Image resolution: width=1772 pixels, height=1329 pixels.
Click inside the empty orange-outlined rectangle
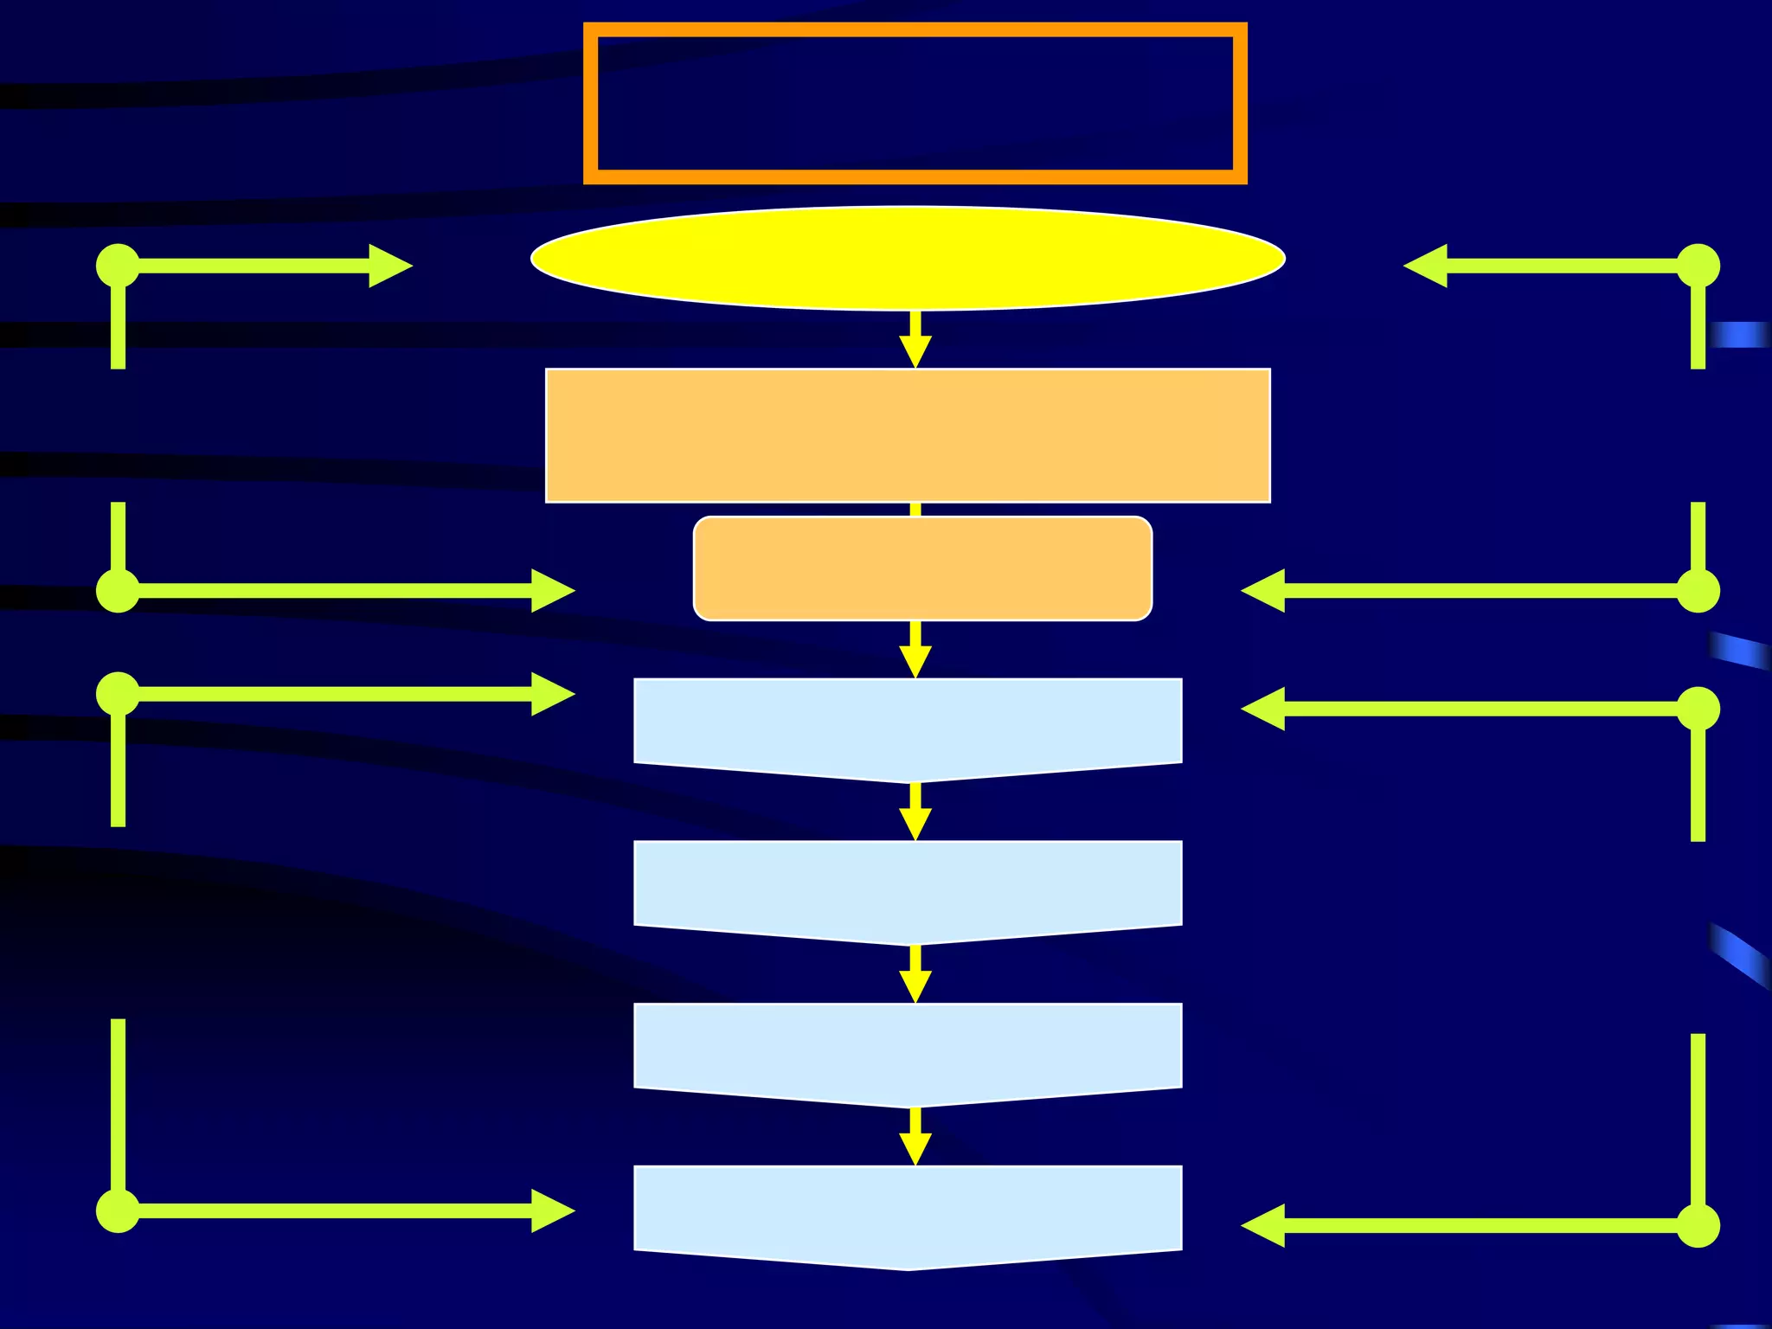pos(915,103)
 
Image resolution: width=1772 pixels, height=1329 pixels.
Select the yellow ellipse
pos(908,258)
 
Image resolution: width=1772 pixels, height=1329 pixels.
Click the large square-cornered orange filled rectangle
pos(908,435)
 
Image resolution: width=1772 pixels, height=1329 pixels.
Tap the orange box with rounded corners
pos(922,568)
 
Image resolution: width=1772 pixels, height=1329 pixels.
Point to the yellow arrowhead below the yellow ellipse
pos(915,350)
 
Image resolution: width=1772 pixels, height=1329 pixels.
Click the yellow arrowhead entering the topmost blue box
pos(915,660)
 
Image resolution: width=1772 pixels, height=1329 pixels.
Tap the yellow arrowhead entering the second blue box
pos(915,822)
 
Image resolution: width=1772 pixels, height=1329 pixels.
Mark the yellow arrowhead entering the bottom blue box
pos(915,1147)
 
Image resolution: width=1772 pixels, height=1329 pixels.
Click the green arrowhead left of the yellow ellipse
pos(388,266)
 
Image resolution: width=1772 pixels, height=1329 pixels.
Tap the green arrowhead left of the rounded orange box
pos(551,591)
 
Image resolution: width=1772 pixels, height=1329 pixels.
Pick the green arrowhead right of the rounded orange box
pos(1264,591)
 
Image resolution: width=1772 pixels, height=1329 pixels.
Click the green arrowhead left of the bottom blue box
pos(551,1210)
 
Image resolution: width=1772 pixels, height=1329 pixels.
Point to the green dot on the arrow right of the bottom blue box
pos(1698,1225)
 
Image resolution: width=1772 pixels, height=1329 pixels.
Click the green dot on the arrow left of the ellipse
pos(118,266)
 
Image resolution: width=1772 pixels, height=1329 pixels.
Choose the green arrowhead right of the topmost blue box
pos(1264,709)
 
